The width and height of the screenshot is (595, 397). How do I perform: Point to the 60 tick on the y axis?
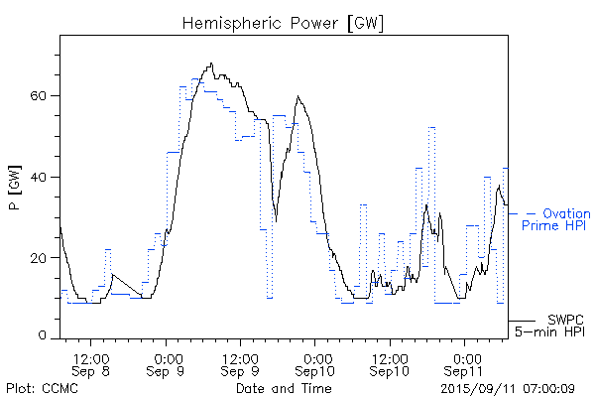[x=45, y=96]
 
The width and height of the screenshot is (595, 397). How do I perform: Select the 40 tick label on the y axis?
[x=45, y=177]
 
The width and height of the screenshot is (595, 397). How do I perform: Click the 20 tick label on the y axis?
[x=45, y=257]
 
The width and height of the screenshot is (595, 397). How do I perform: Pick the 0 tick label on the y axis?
[x=49, y=336]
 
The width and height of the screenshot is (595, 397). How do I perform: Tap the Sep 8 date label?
[x=92, y=370]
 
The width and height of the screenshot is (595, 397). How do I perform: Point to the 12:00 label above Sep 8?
[x=92, y=356]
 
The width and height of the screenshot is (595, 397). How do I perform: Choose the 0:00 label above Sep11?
[x=463, y=356]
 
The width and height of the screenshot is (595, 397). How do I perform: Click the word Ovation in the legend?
[x=567, y=213]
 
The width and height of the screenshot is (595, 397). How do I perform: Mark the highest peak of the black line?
[x=211, y=64]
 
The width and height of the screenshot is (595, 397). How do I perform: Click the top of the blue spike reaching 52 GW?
[x=431, y=127]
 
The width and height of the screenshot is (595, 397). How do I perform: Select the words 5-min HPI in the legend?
[x=549, y=331]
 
